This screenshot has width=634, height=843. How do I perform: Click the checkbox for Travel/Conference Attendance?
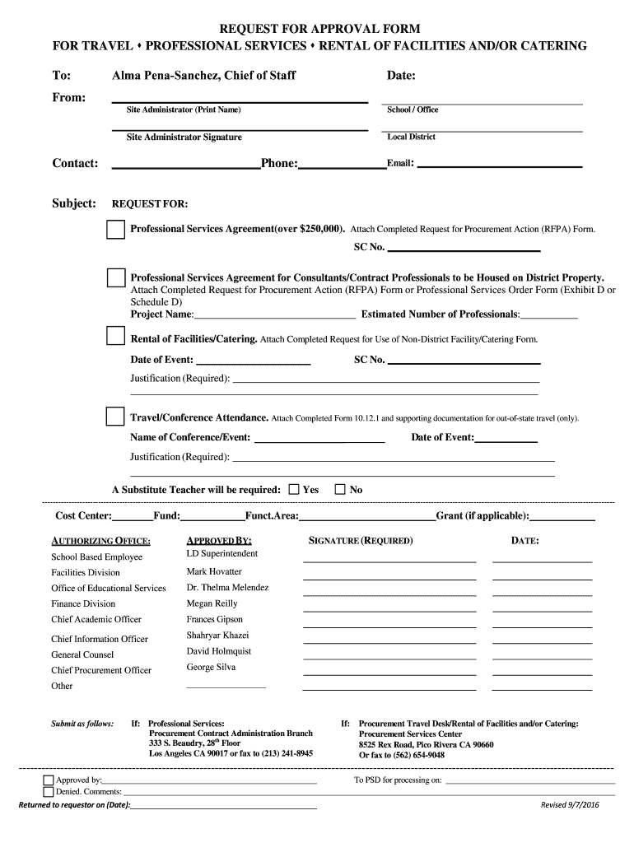114,417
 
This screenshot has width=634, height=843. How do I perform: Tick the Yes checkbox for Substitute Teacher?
294,489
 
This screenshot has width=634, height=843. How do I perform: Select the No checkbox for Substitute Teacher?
340,489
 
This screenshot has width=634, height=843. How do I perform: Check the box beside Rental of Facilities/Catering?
114,337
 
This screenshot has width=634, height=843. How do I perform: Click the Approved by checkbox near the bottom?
48,780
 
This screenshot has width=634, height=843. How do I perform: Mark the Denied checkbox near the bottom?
48,792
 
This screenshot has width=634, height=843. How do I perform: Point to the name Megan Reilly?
212,603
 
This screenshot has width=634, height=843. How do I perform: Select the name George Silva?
211,668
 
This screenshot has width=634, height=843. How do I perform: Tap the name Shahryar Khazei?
217,636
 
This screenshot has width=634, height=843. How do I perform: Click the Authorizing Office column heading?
100,541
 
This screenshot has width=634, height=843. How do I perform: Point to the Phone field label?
278,164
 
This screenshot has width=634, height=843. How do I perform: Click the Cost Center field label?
82,515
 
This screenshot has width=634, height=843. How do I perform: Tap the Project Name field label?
162,314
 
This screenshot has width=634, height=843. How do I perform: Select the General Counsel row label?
82,654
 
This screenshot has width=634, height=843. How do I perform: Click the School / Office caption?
413,110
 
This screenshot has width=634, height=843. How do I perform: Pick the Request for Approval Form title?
319,29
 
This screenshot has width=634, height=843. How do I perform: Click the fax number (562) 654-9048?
415,755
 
